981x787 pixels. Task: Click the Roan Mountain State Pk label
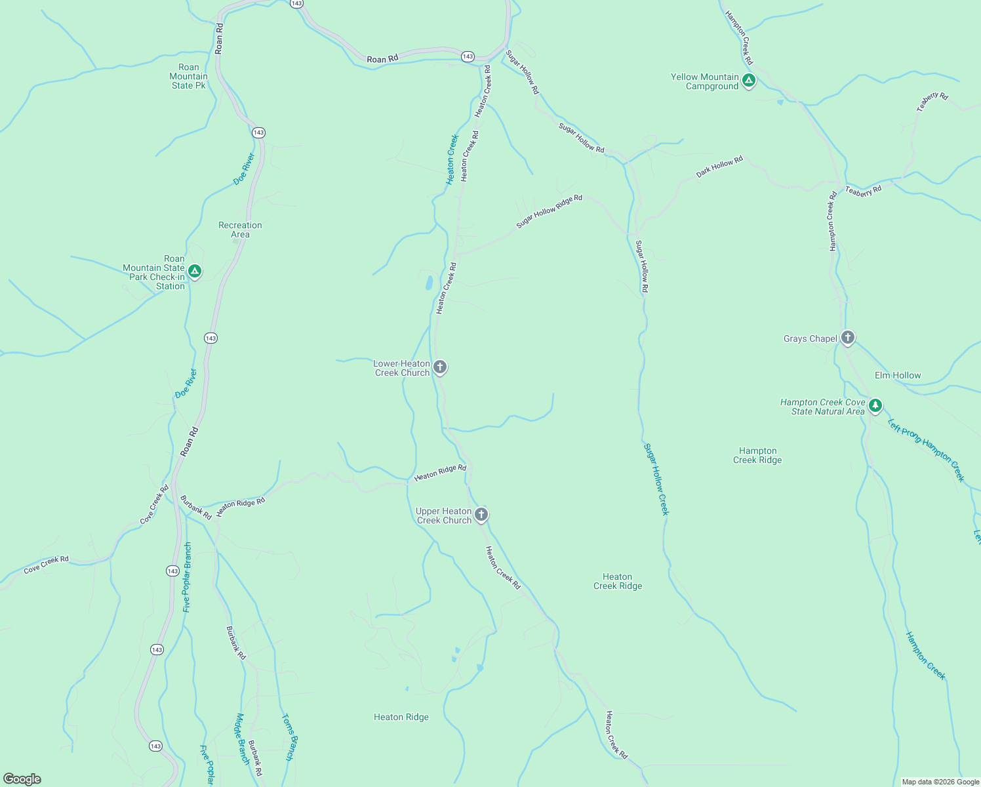(x=188, y=77)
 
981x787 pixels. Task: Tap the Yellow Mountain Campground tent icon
(x=749, y=81)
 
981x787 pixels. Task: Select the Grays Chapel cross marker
(x=847, y=338)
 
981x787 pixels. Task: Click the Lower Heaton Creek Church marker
(x=440, y=367)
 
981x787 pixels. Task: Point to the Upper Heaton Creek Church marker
(x=481, y=514)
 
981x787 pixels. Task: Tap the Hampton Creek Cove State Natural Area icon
(x=875, y=405)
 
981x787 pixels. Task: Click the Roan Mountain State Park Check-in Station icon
(x=194, y=271)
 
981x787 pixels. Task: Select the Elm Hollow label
(x=898, y=375)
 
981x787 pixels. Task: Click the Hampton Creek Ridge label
(x=757, y=455)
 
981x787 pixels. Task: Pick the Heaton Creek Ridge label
(x=617, y=581)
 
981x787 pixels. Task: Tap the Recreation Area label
(x=240, y=230)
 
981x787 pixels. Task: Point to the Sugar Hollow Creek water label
(x=655, y=479)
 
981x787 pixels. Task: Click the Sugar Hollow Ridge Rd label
(x=549, y=211)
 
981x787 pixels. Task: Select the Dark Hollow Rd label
(x=719, y=167)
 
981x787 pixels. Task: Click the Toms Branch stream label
(x=288, y=737)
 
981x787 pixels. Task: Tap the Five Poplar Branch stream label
(x=188, y=577)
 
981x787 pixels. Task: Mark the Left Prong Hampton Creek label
(x=926, y=450)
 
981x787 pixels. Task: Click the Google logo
(x=22, y=779)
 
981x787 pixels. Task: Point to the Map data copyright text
(x=940, y=782)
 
